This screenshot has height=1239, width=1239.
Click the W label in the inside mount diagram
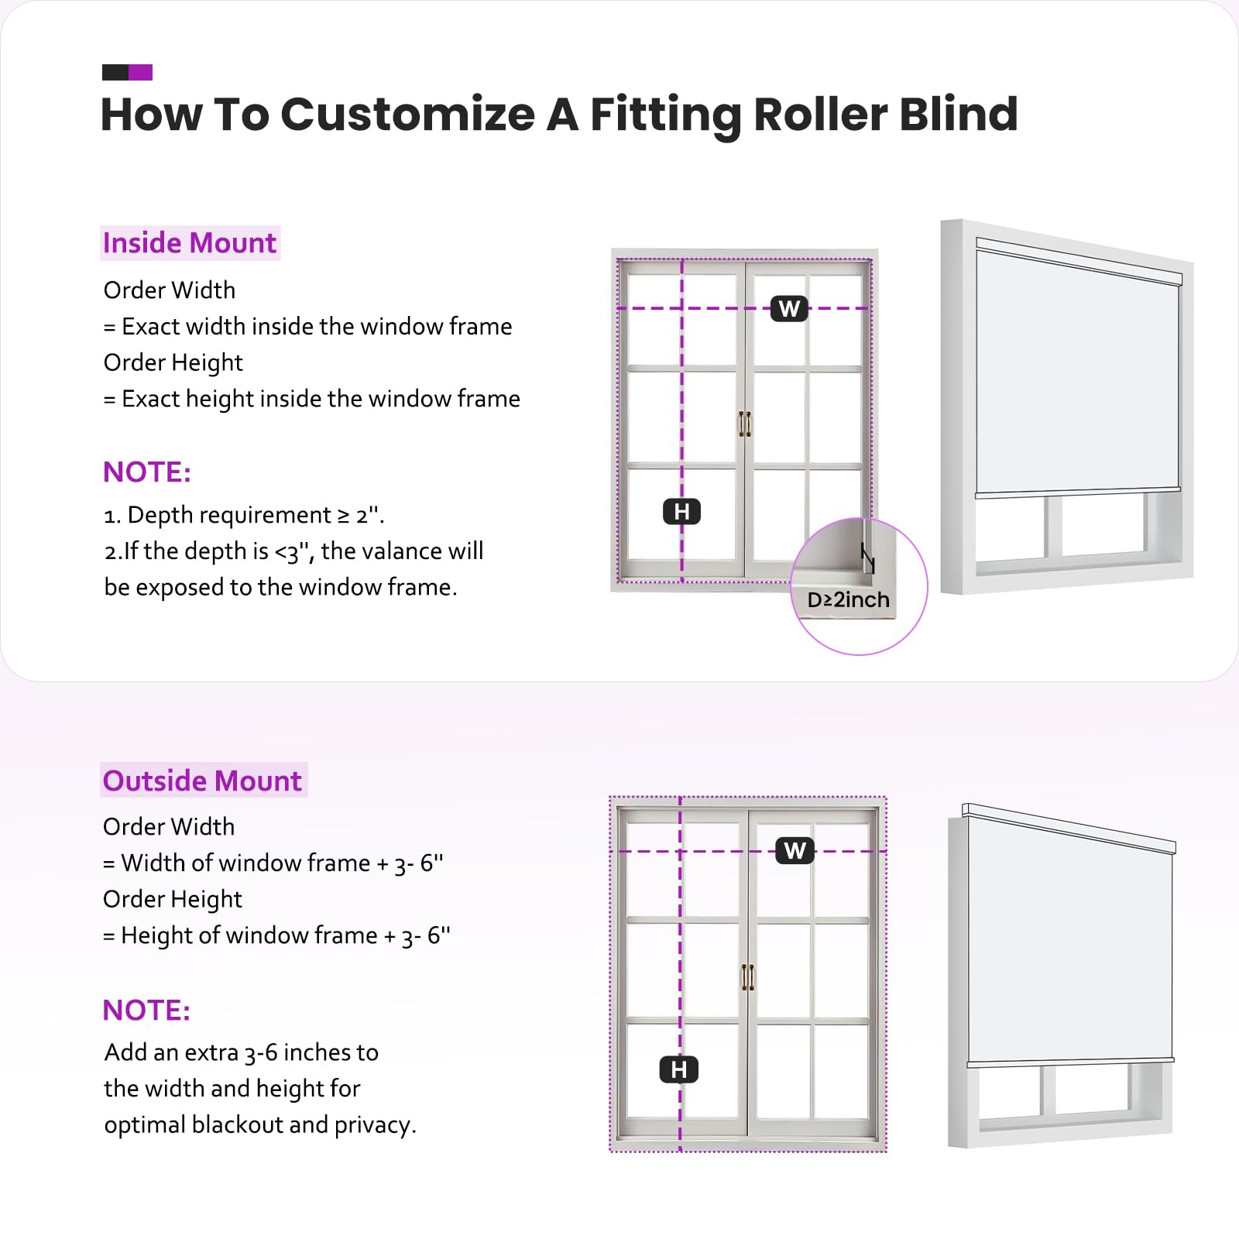[789, 309]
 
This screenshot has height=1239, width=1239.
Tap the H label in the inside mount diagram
[681, 512]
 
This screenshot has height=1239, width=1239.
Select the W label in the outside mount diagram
[795, 851]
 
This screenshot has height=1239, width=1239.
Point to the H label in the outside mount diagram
[679, 1069]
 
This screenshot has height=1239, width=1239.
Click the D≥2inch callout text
[848, 600]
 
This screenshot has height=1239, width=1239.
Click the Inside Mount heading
[190, 243]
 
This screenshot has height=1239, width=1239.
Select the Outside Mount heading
[203, 781]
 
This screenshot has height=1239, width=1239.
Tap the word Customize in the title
[407, 115]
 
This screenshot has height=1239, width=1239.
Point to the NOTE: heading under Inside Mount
[147, 472]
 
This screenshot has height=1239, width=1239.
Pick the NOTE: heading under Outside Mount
[146, 1010]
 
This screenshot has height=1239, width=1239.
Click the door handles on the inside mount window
[745, 424]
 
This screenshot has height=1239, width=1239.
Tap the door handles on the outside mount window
[747, 977]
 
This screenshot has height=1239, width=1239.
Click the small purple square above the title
[140, 73]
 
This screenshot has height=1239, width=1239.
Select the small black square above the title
[115, 73]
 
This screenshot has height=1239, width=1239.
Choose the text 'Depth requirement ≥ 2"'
[255, 515]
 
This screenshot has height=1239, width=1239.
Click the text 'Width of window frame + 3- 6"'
[282, 863]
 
